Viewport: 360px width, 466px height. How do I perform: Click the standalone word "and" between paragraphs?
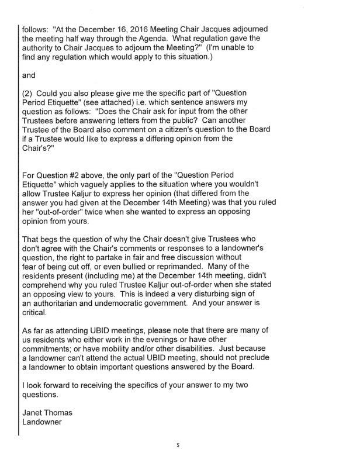click(x=30, y=75)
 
